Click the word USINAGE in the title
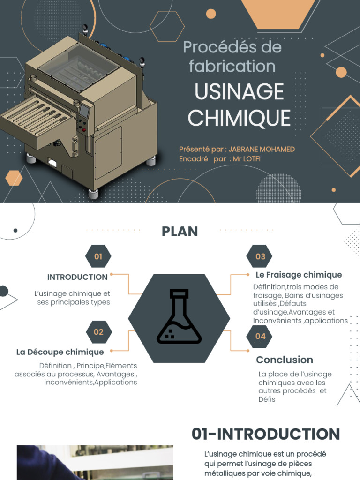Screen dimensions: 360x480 pos(239,91)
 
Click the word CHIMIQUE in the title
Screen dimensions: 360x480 pos(239,118)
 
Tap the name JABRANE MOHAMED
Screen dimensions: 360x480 pos(262,150)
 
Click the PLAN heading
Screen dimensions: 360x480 pos(180,232)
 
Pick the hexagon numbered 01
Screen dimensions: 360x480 pos(98,256)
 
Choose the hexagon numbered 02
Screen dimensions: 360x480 pos(98,332)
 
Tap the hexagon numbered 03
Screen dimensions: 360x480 pos(259,256)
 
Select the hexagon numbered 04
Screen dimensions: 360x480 pos(259,336)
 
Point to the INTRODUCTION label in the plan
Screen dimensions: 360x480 pos(77,277)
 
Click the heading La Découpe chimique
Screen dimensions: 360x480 pos(60,352)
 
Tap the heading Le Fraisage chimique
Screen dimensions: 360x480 pos(299,275)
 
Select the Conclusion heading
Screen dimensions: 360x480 pos(285,360)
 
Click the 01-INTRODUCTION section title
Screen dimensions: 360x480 pos(266,434)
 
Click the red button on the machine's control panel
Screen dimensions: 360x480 pos(84,130)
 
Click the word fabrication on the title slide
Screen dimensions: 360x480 pos(232,67)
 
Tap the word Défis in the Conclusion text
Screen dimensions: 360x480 pos(267,399)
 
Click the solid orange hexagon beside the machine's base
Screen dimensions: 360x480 pos(14,178)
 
